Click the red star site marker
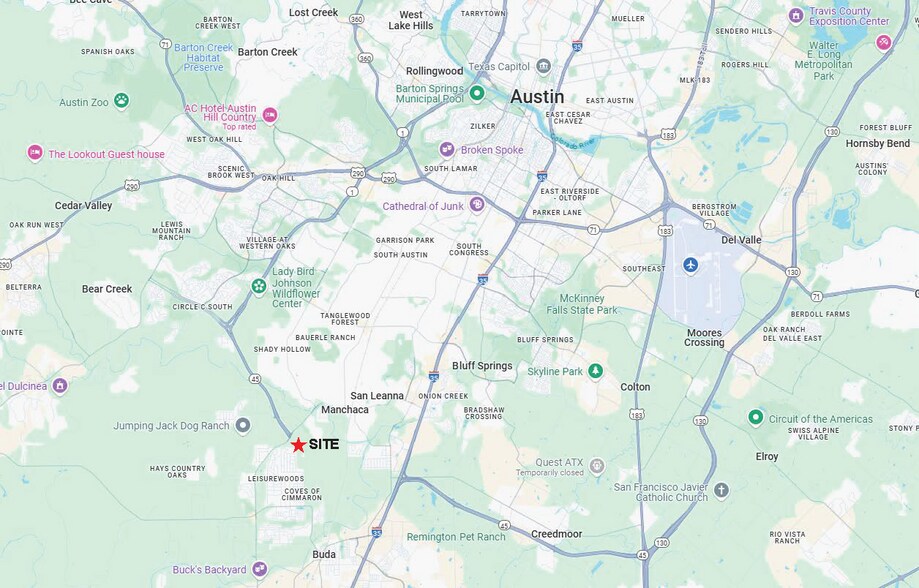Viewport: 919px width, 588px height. [298, 445]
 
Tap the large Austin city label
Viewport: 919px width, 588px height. [537, 97]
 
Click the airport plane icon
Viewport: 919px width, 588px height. [690, 264]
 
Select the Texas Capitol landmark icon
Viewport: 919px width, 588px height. [543, 66]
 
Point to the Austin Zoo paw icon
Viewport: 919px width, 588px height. [121, 100]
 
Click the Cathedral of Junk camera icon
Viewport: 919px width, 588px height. [477, 205]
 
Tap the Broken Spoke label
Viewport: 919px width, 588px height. [491, 150]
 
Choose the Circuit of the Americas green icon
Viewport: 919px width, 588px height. [755, 417]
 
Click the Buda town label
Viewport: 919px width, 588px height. [324, 554]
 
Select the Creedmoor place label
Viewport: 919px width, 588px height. [556, 534]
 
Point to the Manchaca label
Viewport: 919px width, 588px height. [345, 410]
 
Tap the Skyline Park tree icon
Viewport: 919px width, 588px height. [595, 371]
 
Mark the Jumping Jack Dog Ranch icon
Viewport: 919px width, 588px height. [242, 426]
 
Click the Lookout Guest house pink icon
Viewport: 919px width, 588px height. [35, 153]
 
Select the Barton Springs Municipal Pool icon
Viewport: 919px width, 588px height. [477, 93]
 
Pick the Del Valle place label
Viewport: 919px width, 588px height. [742, 240]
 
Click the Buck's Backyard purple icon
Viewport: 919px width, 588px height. [259, 569]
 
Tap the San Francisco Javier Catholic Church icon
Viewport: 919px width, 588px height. [721, 490]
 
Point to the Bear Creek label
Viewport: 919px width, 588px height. [107, 289]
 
